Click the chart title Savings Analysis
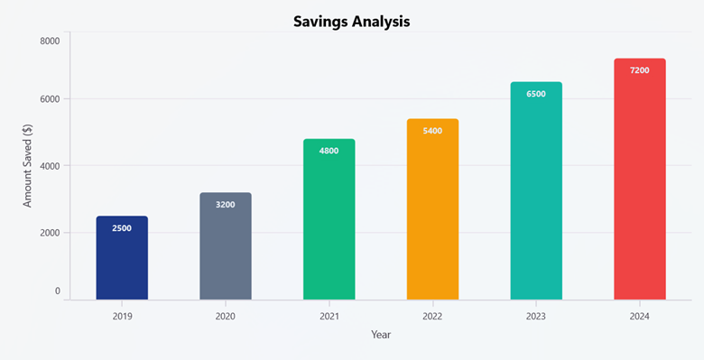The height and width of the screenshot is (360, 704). tap(352, 21)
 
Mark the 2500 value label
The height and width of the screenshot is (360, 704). tap(122, 228)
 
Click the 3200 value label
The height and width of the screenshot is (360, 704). tap(226, 205)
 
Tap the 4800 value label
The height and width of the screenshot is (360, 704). tap(329, 151)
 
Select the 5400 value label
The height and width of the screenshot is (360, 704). tap(432, 131)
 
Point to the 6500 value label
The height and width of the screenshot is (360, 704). tap(536, 94)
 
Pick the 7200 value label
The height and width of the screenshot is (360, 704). tap(639, 70)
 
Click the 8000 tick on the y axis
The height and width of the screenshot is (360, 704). tap(50, 41)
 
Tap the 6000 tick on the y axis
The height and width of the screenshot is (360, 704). tap(50, 99)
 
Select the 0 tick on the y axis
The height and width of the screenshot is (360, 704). tap(57, 291)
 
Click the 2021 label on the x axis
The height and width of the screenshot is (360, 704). tap(329, 316)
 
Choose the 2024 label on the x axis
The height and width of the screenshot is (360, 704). tap(639, 316)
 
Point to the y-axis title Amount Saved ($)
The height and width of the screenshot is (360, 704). tap(27, 166)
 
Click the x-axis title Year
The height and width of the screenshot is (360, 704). tap(381, 335)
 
